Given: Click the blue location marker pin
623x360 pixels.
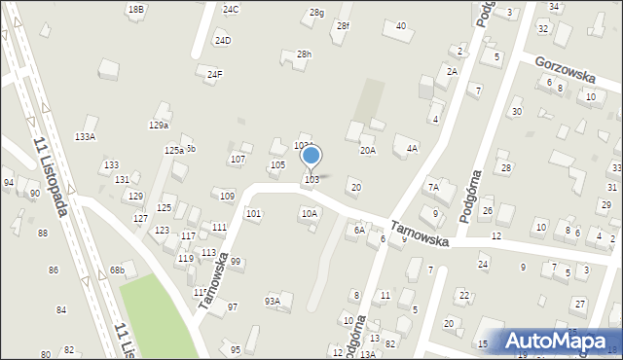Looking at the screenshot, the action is tap(311, 156).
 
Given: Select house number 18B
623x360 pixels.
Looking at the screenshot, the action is tap(136, 9).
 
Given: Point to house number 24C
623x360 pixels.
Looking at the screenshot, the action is tap(231, 9).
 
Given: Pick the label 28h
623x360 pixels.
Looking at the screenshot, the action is tap(305, 54).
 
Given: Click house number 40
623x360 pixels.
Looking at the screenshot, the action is tap(401, 25).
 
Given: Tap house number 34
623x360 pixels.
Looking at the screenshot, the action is tap(554, 6).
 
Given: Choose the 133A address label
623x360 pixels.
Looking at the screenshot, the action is tap(86, 137).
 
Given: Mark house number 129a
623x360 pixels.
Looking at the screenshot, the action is tap(159, 125).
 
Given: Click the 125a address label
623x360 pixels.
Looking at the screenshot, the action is tap(173, 150).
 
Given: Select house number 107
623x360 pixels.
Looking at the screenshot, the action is tap(238, 159).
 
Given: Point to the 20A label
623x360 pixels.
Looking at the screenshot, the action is tap(367, 150).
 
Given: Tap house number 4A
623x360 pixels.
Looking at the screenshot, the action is tap(412, 148).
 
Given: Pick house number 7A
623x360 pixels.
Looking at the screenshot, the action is tap(434, 186).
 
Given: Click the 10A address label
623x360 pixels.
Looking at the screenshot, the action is tap(309, 213).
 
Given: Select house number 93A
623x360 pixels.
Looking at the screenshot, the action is tap(273, 302).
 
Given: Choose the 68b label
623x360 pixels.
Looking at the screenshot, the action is tap(117, 270).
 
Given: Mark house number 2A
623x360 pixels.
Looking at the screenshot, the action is tap(452, 71).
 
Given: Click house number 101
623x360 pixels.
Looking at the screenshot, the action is tap(253, 213).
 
